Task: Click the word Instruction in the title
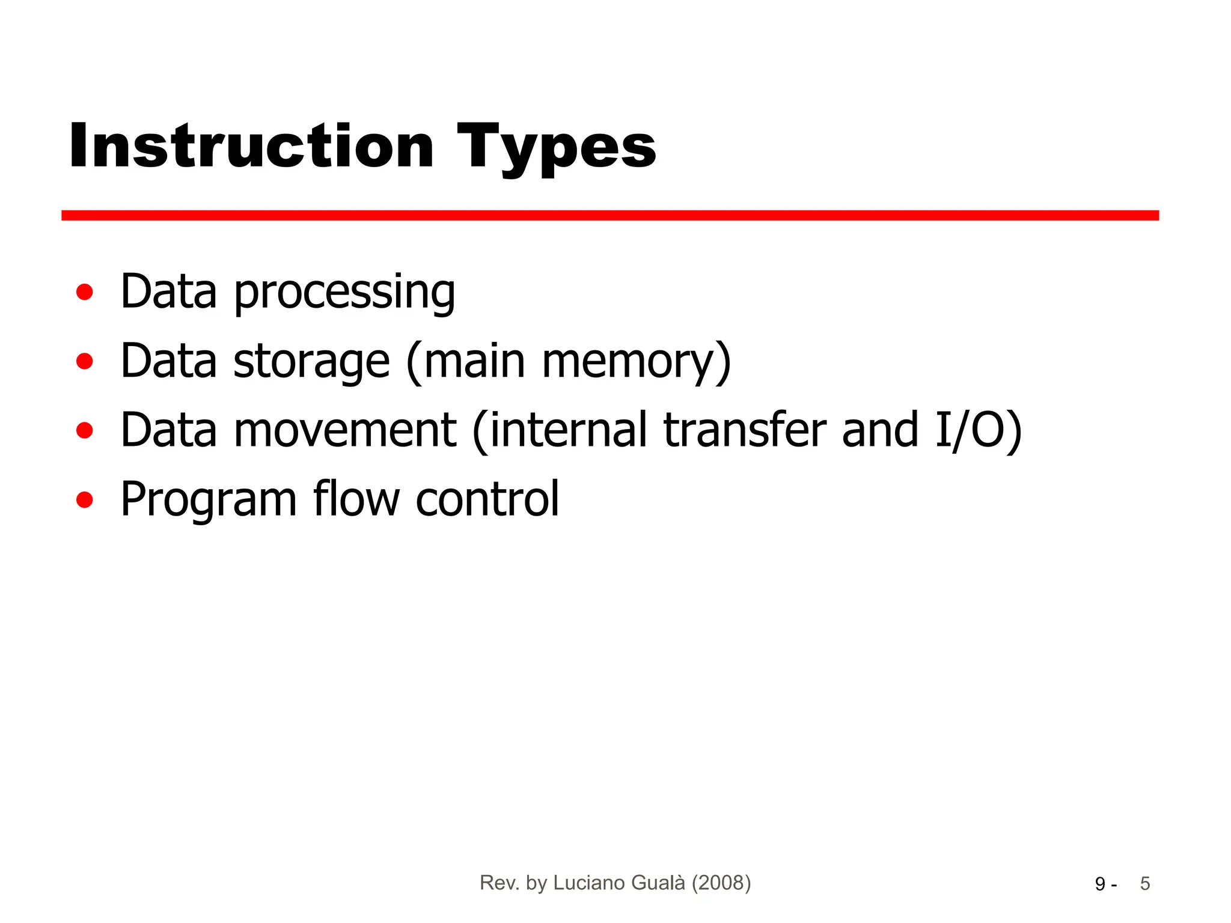click(x=251, y=146)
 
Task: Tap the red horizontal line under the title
click(x=609, y=215)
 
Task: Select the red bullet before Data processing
click(x=85, y=292)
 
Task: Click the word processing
click(x=344, y=293)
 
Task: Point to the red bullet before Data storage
click(x=85, y=362)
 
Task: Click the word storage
click(x=311, y=362)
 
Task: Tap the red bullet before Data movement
click(x=85, y=430)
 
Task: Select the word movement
click(x=345, y=430)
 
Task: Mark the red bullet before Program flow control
click(x=85, y=500)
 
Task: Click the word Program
click(x=209, y=500)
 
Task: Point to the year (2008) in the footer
click(x=721, y=883)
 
